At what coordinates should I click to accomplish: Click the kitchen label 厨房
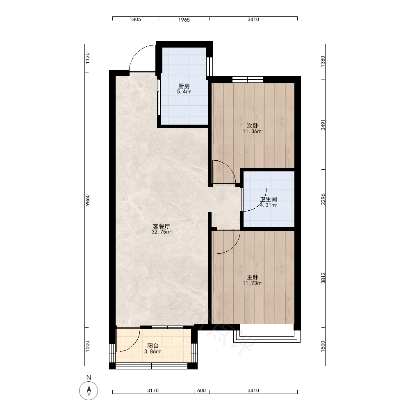point(184,86)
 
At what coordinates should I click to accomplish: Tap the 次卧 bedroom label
point(252,126)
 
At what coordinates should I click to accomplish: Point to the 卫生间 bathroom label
point(268,199)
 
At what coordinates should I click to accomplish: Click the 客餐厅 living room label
point(161,226)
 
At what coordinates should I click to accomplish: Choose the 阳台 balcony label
point(153,346)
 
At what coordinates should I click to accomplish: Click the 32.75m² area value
point(161,232)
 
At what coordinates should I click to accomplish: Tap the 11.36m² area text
point(252,132)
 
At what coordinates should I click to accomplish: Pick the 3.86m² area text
point(153,352)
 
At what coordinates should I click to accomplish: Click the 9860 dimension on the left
point(88,200)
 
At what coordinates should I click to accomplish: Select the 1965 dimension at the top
point(184,20)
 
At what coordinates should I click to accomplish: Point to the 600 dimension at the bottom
point(201,391)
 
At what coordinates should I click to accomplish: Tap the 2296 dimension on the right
point(323,199)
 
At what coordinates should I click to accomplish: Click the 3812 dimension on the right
point(323,278)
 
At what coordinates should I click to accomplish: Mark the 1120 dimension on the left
point(88,58)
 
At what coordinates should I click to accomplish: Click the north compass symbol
point(89,391)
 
